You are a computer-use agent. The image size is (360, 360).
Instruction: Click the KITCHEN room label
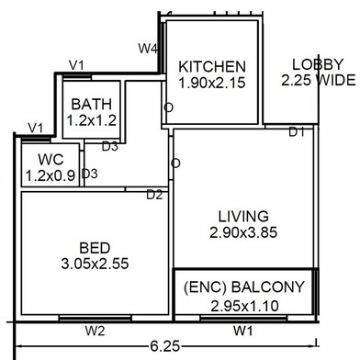coord(212,66)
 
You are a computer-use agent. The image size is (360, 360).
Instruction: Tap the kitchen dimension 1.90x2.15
coord(212,83)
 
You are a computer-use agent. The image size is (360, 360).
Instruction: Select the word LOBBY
coord(318,64)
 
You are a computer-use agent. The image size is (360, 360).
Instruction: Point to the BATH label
coord(92,104)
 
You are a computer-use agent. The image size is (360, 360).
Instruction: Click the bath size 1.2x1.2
coord(92,120)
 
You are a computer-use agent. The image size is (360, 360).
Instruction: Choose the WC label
coord(51,159)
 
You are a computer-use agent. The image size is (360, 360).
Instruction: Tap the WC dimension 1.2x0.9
coord(51,175)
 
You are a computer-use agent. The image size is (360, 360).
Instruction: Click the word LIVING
coord(243,216)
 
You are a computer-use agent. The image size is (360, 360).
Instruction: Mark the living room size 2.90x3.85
coord(243,232)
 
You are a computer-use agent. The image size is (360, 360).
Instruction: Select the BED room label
coord(95,248)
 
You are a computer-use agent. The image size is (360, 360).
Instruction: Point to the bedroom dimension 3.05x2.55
coord(95,264)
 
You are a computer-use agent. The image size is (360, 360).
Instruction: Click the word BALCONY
coord(268,287)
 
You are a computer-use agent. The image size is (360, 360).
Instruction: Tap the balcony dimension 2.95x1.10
coord(245,306)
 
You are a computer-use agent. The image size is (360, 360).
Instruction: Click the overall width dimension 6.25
coord(165,346)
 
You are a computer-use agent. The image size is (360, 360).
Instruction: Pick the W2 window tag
coord(96,331)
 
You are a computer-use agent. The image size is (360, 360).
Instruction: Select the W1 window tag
coord(243,331)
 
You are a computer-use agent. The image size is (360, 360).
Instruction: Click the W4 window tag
coord(148,49)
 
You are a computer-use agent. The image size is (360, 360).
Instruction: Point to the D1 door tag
coord(297,132)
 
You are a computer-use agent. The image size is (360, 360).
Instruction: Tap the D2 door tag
coord(155,195)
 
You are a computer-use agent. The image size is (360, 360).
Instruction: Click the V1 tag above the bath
coord(76,65)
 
